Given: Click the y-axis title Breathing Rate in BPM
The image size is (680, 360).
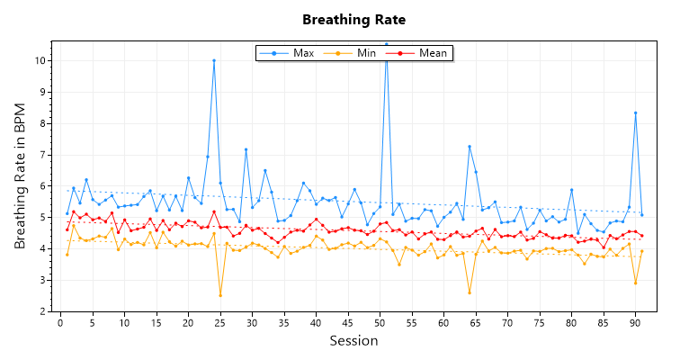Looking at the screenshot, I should (20, 176).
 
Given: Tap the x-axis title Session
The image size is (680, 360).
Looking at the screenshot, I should (353, 341).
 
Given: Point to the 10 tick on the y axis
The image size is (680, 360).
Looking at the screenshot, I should (40, 60).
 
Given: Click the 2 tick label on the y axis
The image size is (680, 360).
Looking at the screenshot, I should (43, 311).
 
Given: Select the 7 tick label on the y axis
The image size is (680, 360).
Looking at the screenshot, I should (43, 155).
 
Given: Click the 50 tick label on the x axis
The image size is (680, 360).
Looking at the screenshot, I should (380, 322).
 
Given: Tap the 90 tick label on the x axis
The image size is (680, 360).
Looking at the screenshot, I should (635, 322).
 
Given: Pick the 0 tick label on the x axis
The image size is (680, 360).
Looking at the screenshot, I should (60, 322).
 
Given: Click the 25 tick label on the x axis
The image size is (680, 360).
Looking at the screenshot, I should (219, 322).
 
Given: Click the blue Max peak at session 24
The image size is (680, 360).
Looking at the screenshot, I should (214, 60).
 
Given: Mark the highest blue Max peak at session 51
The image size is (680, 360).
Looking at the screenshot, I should (387, 44).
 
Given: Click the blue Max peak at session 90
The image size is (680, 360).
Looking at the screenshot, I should (636, 112).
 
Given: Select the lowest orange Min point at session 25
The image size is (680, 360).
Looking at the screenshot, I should (220, 295).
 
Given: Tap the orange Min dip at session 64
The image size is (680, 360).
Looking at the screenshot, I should (470, 292).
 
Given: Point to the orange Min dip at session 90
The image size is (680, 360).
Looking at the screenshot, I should (636, 283).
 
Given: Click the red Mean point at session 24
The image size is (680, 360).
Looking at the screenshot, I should (214, 211).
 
